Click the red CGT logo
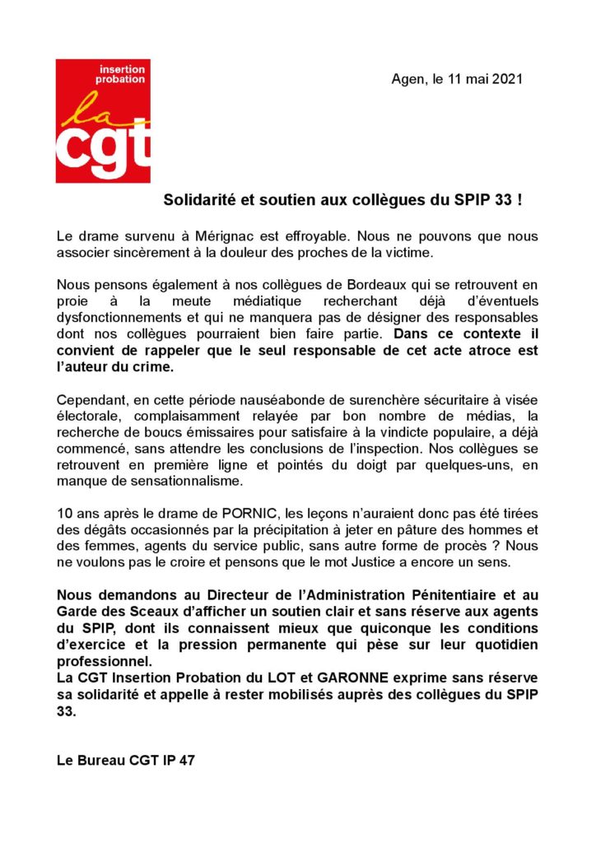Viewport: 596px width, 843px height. coord(103,121)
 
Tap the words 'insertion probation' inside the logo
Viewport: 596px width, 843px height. coord(121,74)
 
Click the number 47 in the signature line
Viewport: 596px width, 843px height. coord(186,761)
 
